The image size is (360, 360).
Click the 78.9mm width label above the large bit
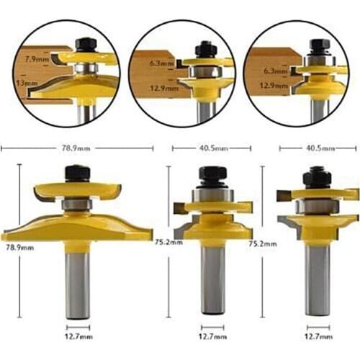(x=76, y=148)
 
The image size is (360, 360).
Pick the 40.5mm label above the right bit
(x=317, y=148)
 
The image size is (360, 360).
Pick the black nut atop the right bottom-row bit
(x=317, y=176)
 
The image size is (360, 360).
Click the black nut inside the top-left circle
(x=84, y=43)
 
